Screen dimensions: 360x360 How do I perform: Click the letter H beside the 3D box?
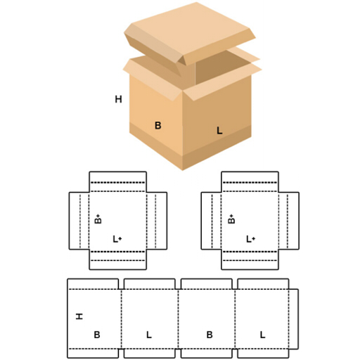(x=118, y=99)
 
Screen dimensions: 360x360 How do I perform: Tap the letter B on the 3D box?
(x=158, y=125)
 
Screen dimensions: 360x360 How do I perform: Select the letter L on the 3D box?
(x=219, y=131)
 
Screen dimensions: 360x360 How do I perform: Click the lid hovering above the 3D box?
(x=190, y=35)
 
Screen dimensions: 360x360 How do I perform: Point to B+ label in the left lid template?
(x=98, y=219)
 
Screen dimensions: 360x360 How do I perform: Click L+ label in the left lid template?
(x=117, y=239)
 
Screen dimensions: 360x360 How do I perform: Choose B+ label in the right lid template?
(x=231, y=219)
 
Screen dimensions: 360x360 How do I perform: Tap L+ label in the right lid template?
(x=251, y=239)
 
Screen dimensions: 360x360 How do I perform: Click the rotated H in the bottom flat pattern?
(x=79, y=316)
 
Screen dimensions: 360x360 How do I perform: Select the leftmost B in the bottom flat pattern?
(x=97, y=335)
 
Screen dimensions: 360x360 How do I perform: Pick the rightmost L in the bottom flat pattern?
(x=262, y=335)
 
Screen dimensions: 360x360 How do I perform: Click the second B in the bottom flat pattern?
(x=210, y=335)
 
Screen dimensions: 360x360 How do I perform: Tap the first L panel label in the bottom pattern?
(x=149, y=335)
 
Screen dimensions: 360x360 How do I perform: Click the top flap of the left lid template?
(x=118, y=181)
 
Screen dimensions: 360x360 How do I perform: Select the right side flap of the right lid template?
(x=289, y=221)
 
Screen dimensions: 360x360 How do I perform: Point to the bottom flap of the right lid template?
(x=250, y=259)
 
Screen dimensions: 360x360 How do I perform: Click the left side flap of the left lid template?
(x=79, y=221)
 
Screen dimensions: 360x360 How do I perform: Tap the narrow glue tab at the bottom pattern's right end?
(x=294, y=319)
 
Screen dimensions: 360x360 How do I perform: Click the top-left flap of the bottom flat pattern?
(x=93, y=284)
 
